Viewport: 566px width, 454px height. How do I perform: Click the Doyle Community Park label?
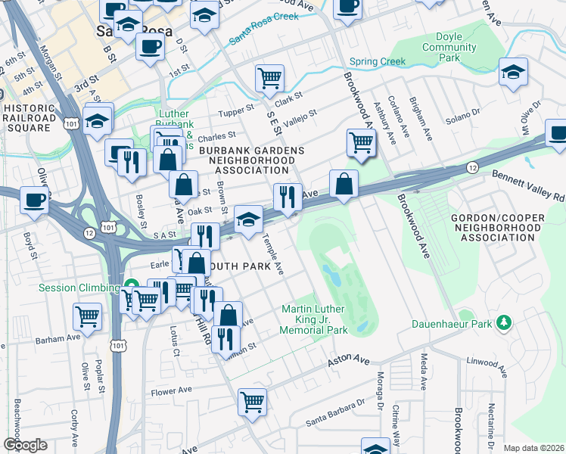coord(449,47)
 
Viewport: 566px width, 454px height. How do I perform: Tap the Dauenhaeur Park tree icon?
coord(502,323)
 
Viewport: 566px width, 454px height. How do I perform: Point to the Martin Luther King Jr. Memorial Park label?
coord(314,319)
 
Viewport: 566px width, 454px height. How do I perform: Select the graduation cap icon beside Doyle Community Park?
coord(513,73)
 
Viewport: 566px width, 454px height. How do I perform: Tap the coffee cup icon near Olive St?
coord(34,201)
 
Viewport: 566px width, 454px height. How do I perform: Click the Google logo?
coord(24,445)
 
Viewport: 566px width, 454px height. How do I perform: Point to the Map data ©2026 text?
coord(533,448)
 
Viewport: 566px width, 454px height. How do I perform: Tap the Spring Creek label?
coord(377,62)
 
